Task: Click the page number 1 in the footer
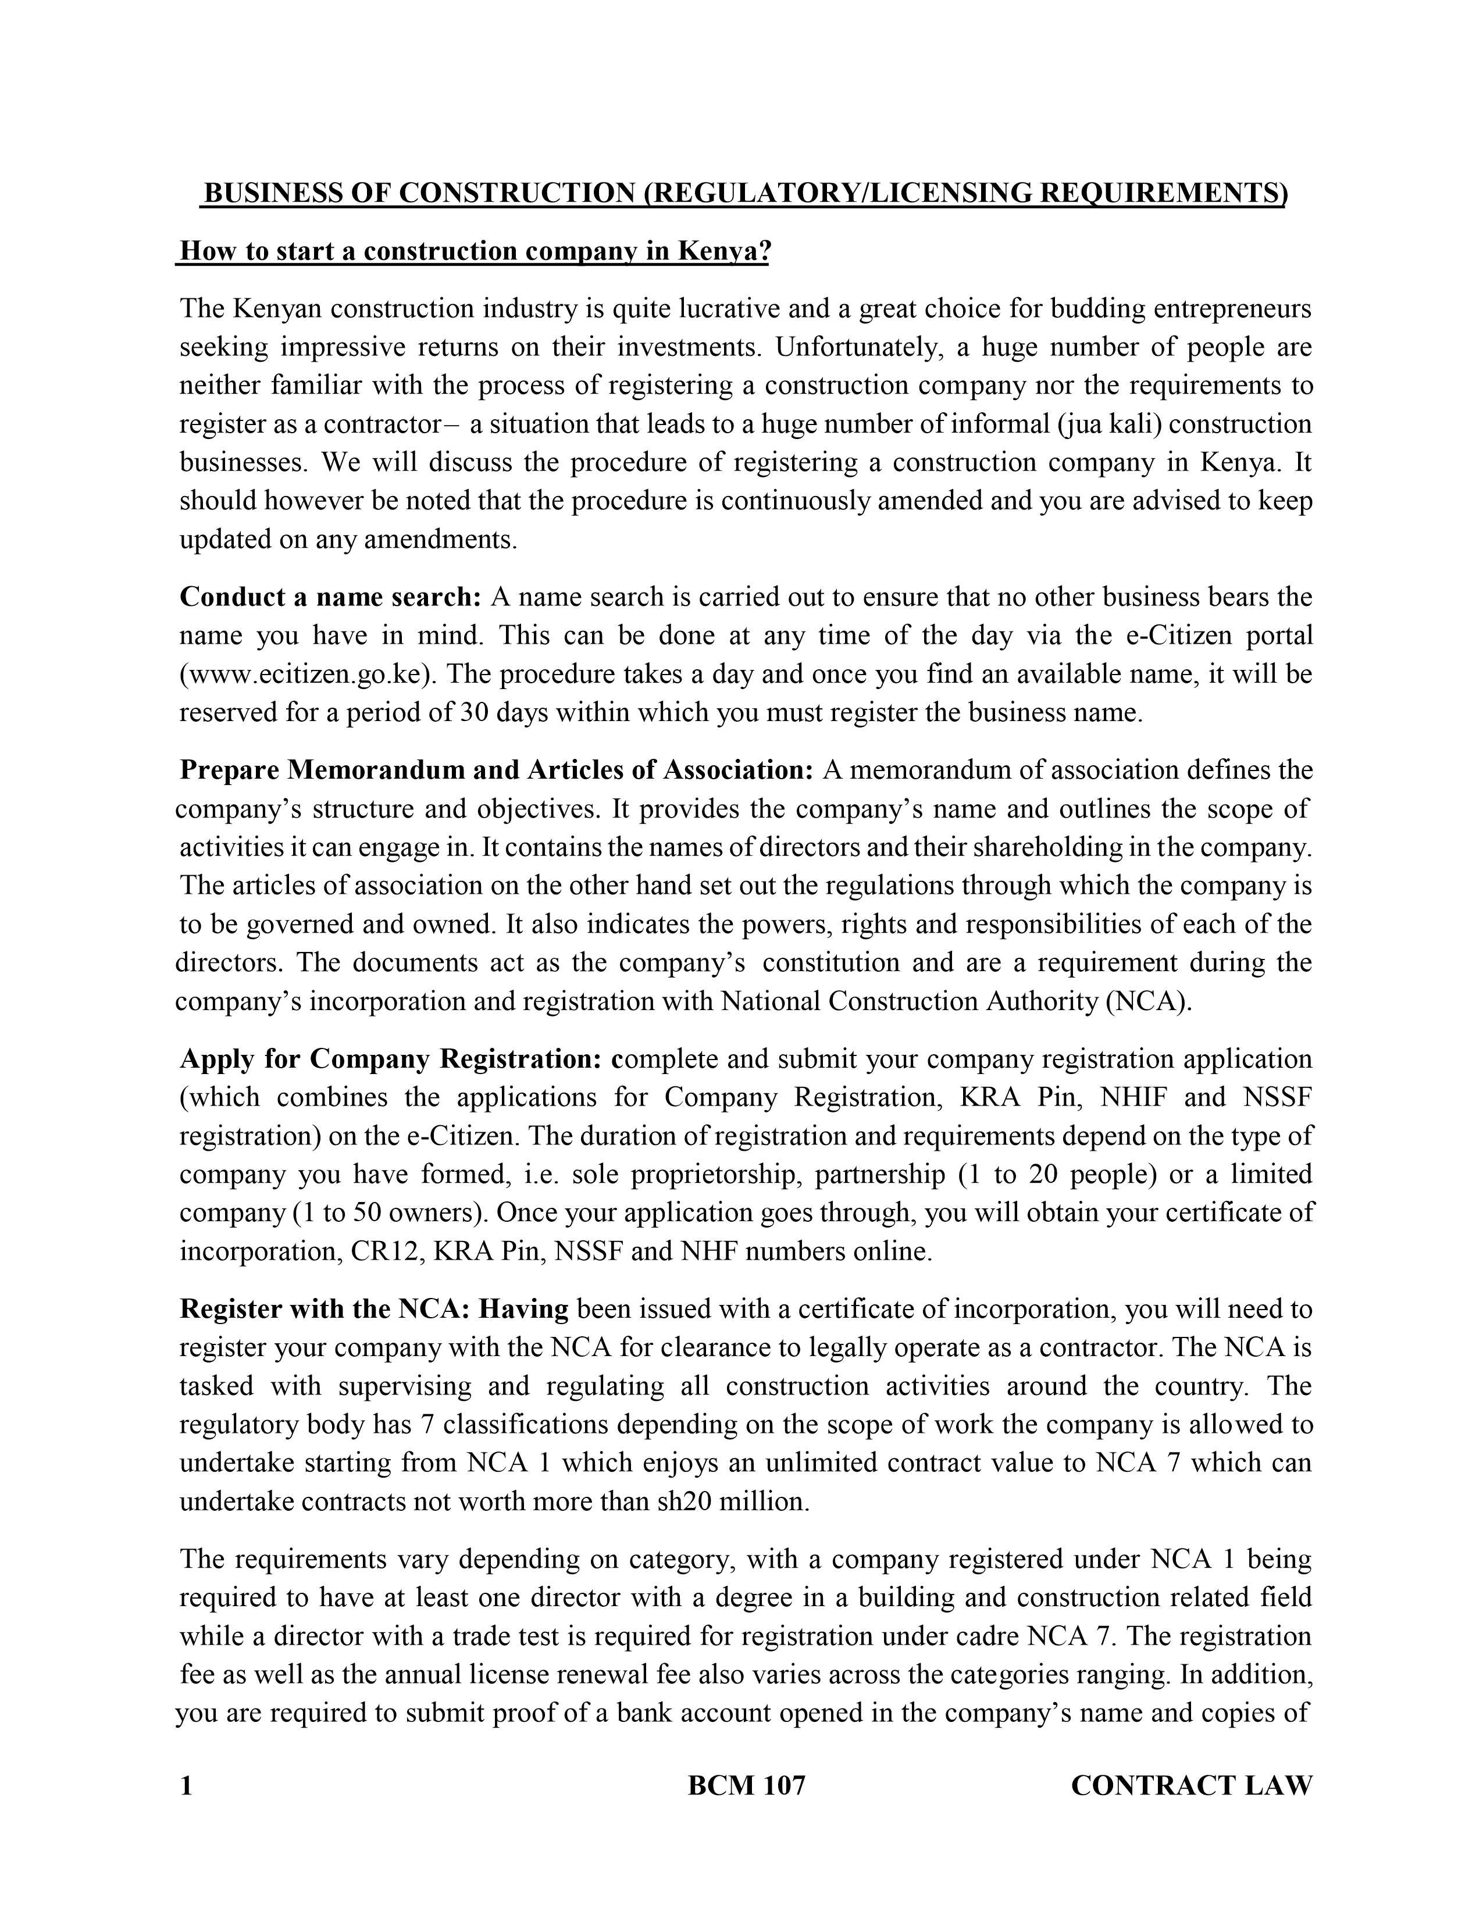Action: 186,1785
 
